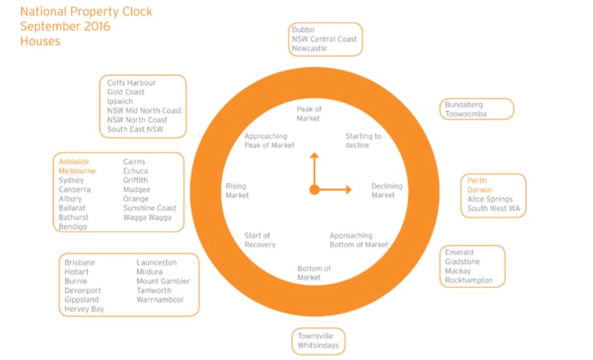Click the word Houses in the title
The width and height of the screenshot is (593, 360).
click(x=40, y=41)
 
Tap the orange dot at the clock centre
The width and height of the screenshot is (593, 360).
click(x=314, y=189)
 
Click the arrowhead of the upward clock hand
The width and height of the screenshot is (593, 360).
click(x=314, y=155)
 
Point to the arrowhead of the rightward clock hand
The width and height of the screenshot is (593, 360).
click(x=349, y=189)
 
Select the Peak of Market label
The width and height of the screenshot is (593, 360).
click(x=308, y=114)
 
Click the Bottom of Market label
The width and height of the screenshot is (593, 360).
click(x=314, y=273)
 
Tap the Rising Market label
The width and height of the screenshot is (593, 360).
click(x=237, y=190)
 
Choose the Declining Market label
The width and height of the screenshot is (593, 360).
click(x=387, y=190)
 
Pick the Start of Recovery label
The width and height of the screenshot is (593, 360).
click(x=260, y=240)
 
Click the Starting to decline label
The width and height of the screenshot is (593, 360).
click(x=363, y=141)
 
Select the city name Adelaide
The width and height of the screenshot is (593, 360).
click(x=74, y=162)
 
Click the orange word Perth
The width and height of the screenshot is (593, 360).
click(x=477, y=181)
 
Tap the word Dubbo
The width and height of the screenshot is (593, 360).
click(x=303, y=29)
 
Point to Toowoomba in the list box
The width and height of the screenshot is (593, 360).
click(x=465, y=114)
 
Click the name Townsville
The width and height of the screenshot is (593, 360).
click(x=315, y=336)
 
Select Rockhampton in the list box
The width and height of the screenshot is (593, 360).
click(x=469, y=280)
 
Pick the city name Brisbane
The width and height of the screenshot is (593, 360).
click(x=79, y=262)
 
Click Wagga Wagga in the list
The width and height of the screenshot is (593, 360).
click(x=147, y=217)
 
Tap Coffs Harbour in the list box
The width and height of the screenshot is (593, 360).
click(x=131, y=82)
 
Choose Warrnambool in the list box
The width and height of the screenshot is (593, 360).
click(x=160, y=300)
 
